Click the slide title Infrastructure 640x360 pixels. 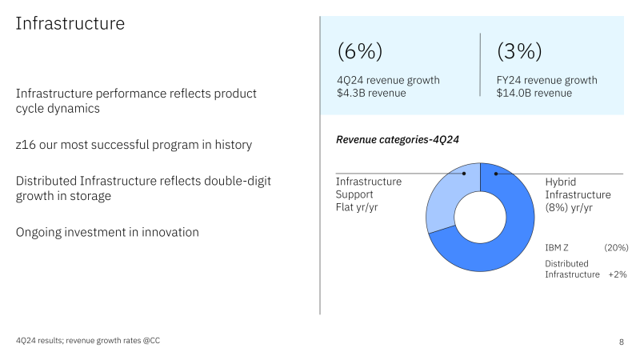click(70, 24)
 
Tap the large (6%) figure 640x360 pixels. click(360, 52)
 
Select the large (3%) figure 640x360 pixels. click(519, 52)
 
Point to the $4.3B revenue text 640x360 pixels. click(371, 93)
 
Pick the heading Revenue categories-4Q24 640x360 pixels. click(398, 140)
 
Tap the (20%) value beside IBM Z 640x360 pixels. click(616, 248)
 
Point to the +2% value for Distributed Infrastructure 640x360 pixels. click(617, 274)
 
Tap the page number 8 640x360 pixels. click(622, 342)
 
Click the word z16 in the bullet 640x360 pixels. click(27, 145)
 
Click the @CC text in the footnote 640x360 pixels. click(160, 341)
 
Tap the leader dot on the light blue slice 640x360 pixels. click(464, 174)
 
